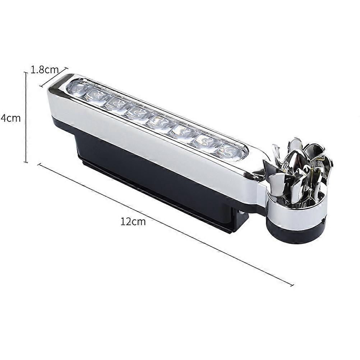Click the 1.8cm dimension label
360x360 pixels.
point(45,70)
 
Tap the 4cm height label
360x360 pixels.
point(10,118)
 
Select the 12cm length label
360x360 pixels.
point(133,222)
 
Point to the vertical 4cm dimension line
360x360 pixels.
point(26,117)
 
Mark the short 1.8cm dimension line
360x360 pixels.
point(54,77)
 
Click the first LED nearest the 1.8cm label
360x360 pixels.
point(78,87)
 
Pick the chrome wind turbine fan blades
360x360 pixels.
point(299,165)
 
